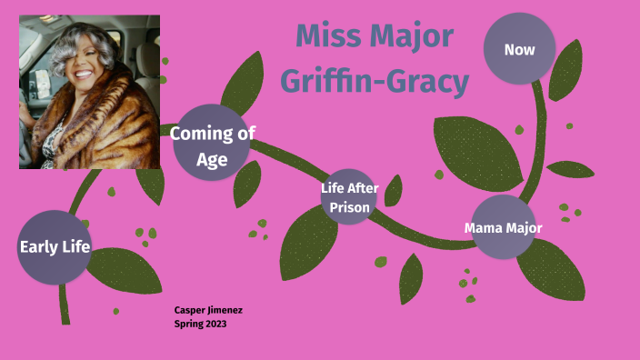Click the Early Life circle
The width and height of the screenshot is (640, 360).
[54, 246]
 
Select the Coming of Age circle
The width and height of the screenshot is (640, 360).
[211, 142]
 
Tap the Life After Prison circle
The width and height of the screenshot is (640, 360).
[348, 197]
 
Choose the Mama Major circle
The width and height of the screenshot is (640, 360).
[503, 227]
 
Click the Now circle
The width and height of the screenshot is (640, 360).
[518, 50]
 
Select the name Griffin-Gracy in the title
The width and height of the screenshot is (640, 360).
[374, 82]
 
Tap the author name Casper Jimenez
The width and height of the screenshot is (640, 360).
[208, 310]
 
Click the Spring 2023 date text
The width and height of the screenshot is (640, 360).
[200, 323]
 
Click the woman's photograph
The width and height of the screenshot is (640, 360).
[89, 92]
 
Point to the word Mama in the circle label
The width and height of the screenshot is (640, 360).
[484, 228]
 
